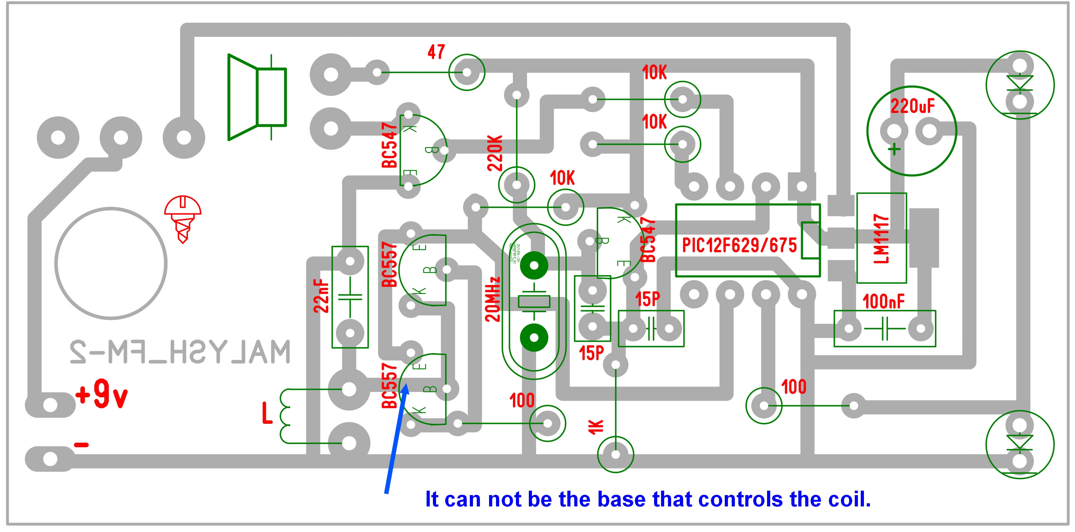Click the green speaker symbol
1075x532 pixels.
click(x=257, y=97)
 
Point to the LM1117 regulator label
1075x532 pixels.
click(x=881, y=238)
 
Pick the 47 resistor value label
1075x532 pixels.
click(x=436, y=52)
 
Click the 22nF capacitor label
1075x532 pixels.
click(x=321, y=297)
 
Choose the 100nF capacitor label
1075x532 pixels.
click(x=883, y=301)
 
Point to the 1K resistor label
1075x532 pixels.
click(x=596, y=426)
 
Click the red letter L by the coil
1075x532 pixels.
click(x=267, y=413)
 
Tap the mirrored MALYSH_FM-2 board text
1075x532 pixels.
click(x=180, y=352)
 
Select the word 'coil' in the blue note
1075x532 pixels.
click(x=849, y=499)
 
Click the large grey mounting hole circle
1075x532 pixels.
click(x=111, y=263)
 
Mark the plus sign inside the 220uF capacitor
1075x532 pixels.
click(x=894, y=149)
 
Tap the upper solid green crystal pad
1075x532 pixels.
click(x=534, y=265)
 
